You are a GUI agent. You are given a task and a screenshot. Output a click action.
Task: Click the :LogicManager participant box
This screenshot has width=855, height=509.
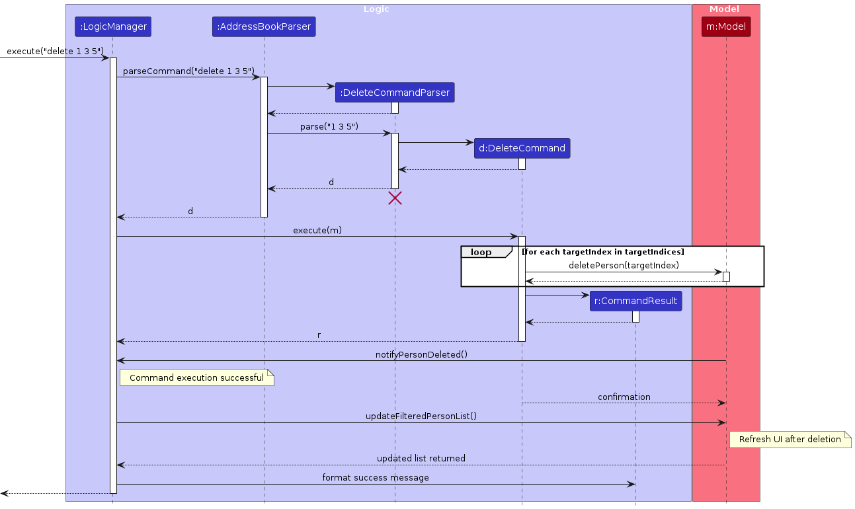coord(112,26)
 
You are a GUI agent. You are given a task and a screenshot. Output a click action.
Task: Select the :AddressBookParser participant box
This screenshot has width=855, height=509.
coord(264,26)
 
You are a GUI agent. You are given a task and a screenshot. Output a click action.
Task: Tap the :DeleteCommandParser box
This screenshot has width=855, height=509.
coord(395,93)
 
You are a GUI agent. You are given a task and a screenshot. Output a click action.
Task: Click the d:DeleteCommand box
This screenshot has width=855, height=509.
coord(522,148)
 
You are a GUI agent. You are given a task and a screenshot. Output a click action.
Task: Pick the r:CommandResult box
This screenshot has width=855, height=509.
coord(635,301)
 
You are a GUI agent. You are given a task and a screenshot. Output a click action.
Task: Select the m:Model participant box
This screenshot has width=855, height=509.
coord(726,26)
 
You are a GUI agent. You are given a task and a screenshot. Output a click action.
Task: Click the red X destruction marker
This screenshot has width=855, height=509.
coord(395,198)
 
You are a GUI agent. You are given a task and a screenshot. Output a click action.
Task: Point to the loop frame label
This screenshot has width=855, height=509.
coord(481,252)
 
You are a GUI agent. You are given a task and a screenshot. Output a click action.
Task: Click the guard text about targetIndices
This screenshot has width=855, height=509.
coord(603,252)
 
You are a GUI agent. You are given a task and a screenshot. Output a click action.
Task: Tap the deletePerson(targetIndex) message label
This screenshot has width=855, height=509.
coord(624,265)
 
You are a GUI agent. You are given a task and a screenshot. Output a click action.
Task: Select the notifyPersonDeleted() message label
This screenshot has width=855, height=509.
coord(421,354)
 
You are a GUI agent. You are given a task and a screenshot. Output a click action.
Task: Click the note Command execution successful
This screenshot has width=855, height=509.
coord(196,378)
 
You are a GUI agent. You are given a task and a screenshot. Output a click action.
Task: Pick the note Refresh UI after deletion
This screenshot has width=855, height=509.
coord(790,439)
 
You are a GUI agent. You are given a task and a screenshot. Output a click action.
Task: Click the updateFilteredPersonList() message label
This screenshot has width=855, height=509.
coord(421,416)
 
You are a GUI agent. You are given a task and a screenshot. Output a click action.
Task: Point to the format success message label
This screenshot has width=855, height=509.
coord(376,477)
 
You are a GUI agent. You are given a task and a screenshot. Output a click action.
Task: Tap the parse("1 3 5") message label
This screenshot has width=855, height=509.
coord(329,126)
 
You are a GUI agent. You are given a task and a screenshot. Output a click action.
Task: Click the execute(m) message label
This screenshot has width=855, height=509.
coord(317,230)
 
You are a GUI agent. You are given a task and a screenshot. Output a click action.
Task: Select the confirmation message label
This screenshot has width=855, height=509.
coord(624,397)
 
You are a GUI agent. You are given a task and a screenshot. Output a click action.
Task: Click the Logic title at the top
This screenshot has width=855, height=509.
coord(376,9)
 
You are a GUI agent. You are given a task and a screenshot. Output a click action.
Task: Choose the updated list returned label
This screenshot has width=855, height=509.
coord(421,458)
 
